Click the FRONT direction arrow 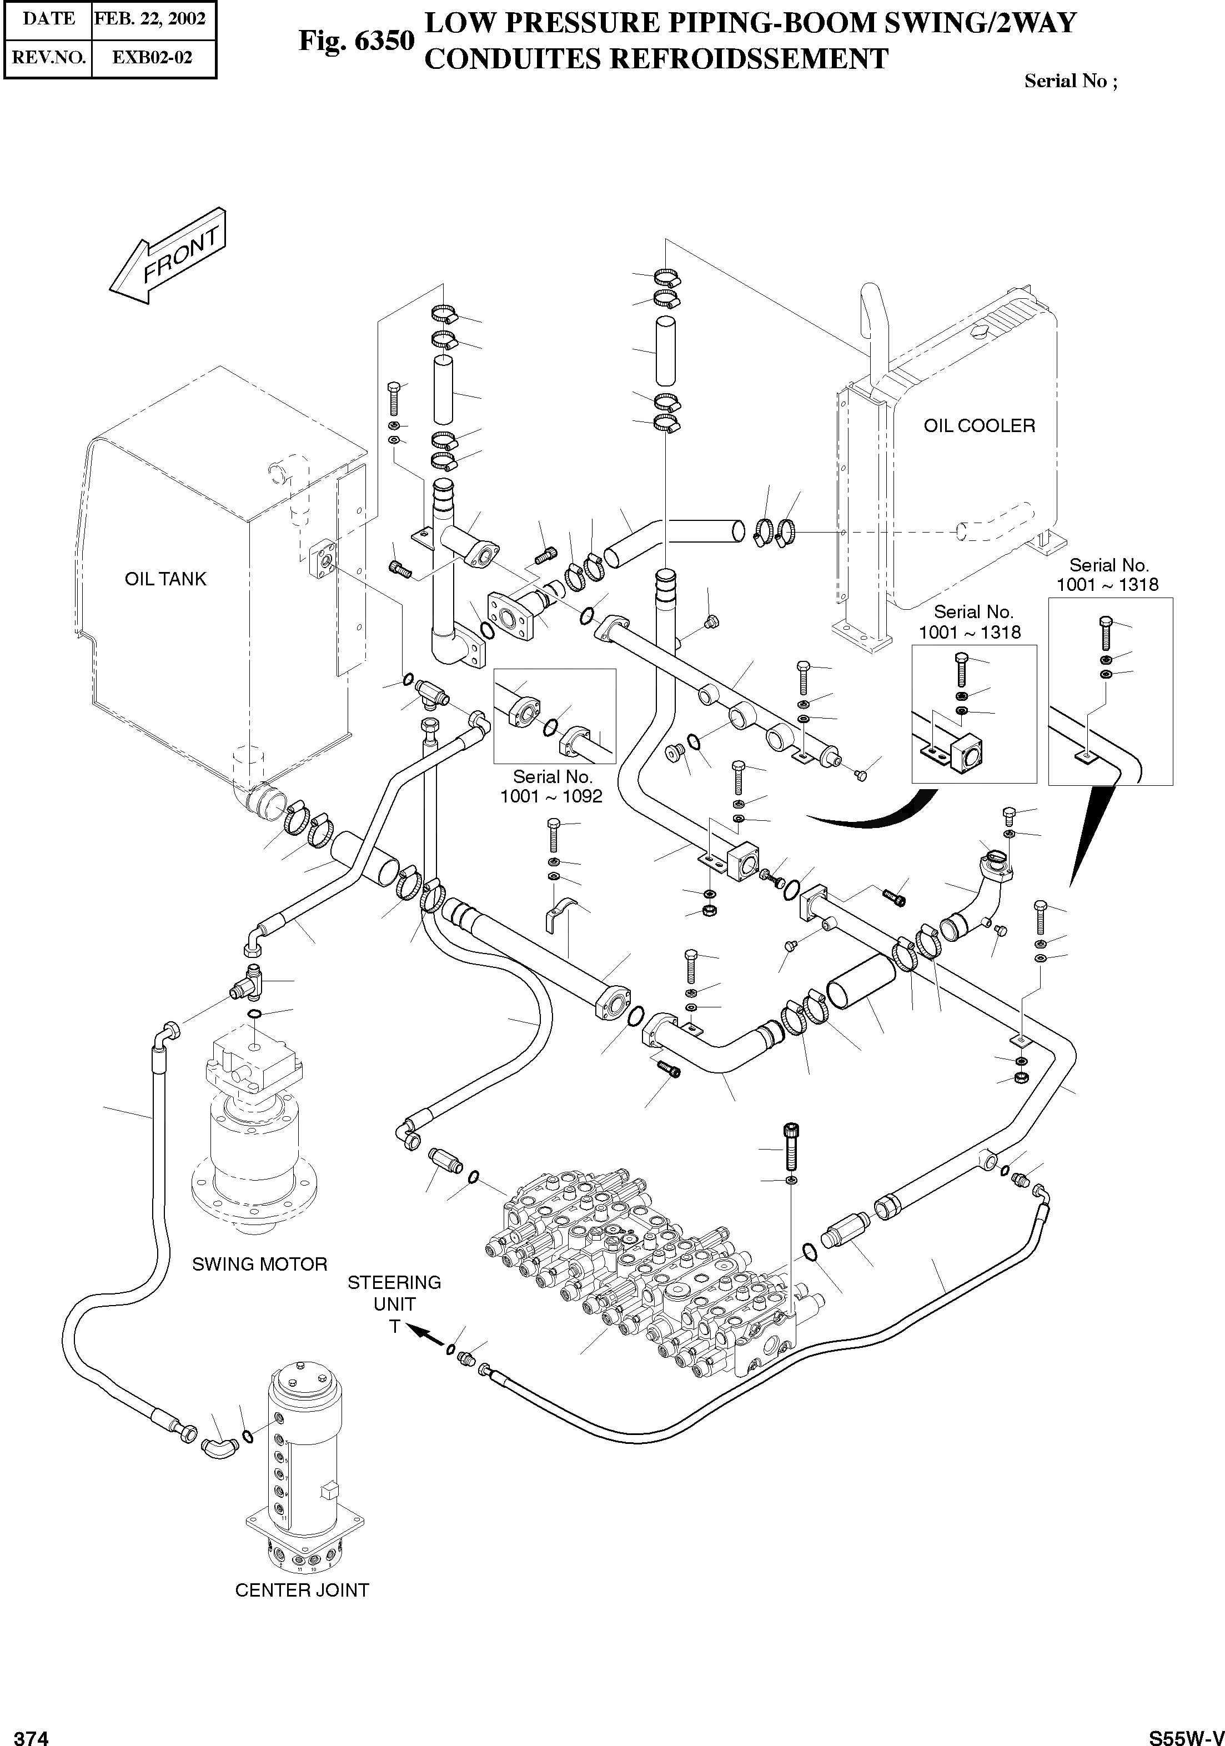(167, 256)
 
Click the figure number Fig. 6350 (356, 41)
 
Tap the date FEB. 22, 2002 (150, 18)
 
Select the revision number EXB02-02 (152, 57)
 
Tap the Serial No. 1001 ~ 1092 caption (551, 786)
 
